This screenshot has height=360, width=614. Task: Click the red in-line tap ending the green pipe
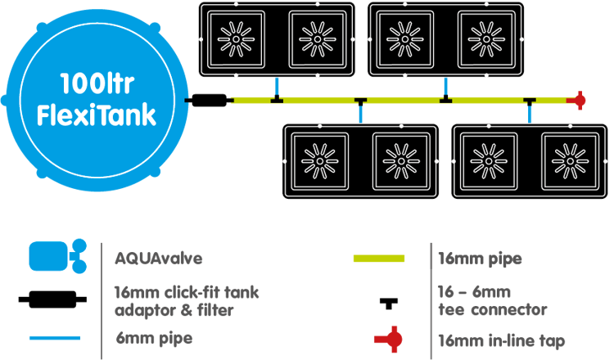pos(579,101)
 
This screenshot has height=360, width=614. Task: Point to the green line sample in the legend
pos(378,259)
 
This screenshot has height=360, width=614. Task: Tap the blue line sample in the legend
pos(55,337)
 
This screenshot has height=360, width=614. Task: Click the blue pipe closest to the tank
pos(278,86)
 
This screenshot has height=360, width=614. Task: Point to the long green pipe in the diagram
pos(401,101)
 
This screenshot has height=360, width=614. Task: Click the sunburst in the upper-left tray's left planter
pos(237,38)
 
